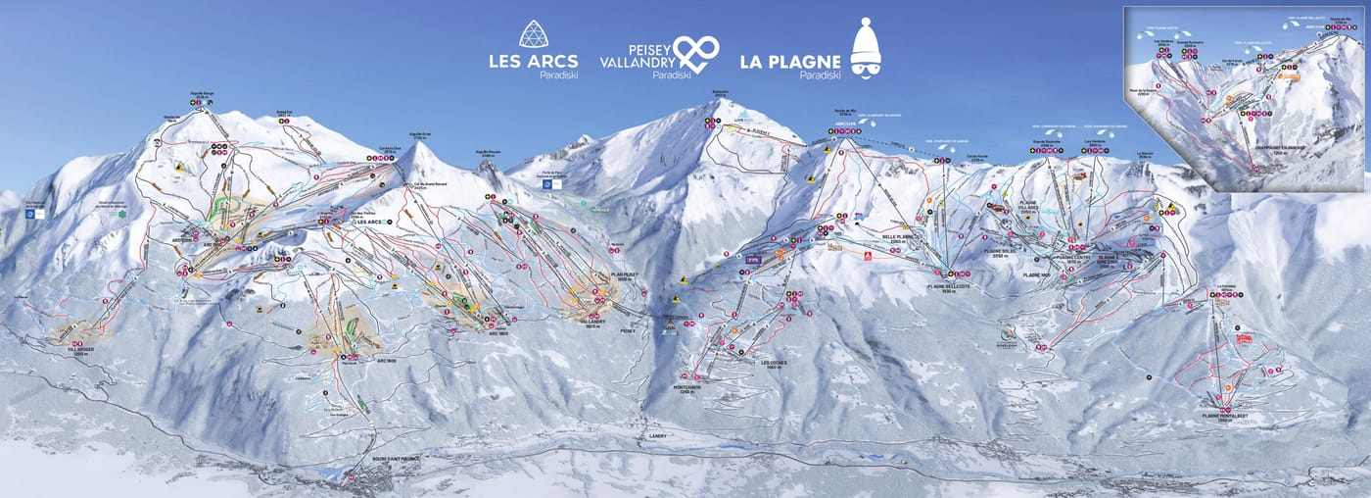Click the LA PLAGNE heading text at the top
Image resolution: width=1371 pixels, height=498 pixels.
[789, 61]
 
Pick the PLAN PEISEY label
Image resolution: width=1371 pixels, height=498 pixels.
[623, 277]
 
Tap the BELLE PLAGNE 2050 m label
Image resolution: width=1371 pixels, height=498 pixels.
[900, 238]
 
